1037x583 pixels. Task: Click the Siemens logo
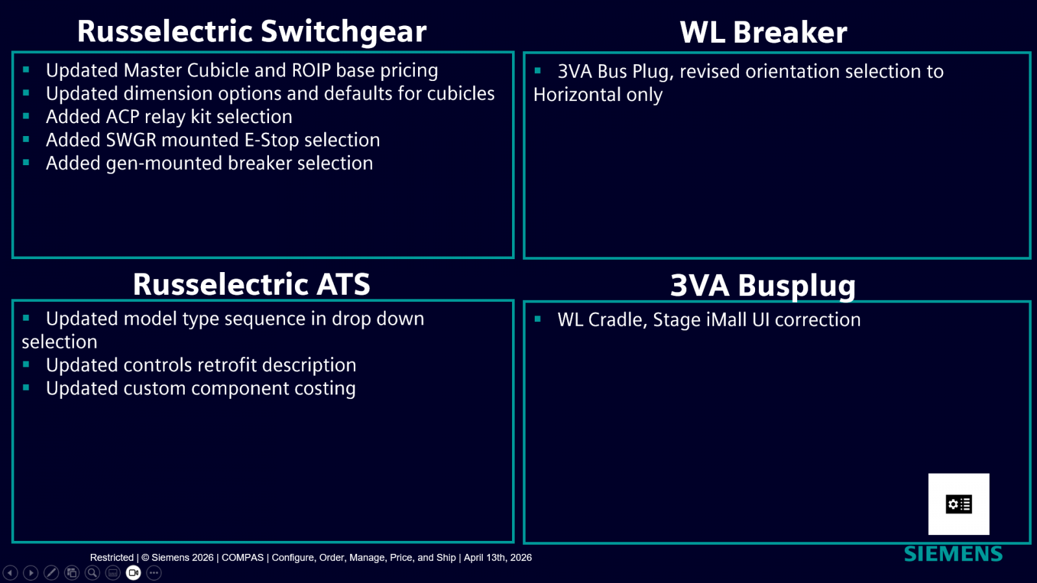tap(953, 554)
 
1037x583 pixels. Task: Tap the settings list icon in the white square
tap(959, 504)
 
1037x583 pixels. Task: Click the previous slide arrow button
tap(10, 573)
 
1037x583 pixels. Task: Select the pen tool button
tap(51, 573)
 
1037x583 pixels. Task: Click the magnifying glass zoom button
tap(92, 573)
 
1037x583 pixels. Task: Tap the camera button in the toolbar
tap(134, 573)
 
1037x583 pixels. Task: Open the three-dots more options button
tap(154, 573)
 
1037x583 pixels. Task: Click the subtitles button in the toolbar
tap(113, 573)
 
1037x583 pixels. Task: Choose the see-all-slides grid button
tap(72, 573)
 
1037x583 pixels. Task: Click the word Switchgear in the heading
tap(344, 32)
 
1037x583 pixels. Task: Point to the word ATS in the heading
tap(343, 284)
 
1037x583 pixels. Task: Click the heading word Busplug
tap(797, 286)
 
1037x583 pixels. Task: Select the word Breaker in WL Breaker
tap(790, 32)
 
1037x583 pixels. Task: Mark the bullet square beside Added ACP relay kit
tap(26, 116)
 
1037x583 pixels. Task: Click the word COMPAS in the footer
tap(242, 558)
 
